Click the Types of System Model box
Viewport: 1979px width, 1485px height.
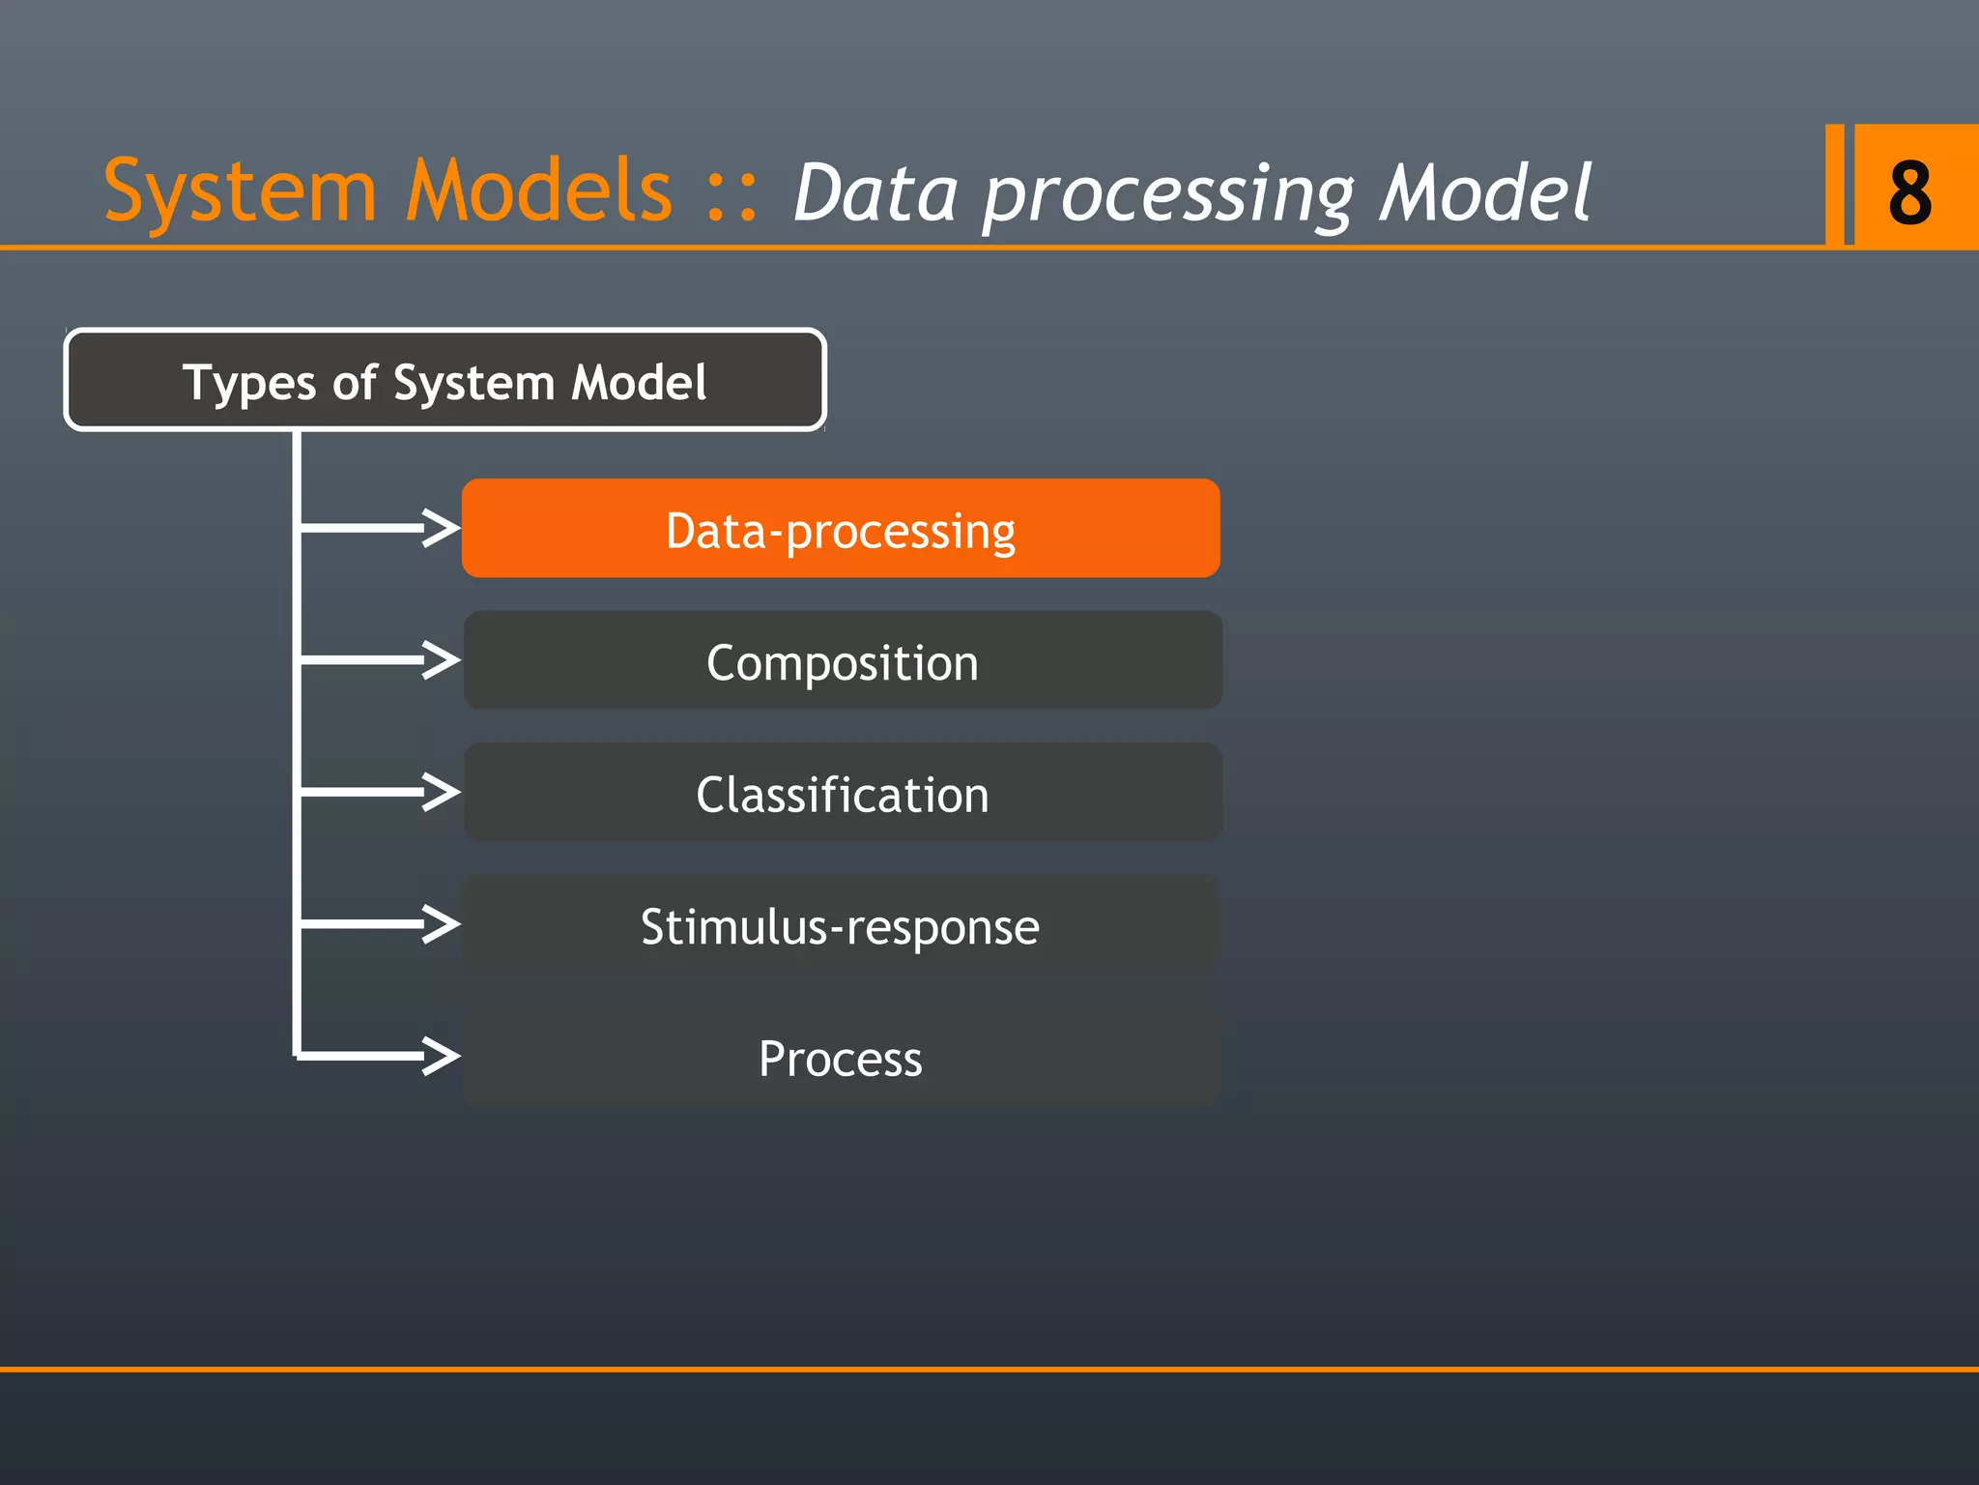(445, 380)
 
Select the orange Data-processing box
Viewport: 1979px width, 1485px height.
(841, 529)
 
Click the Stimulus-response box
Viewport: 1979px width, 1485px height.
(841, 925)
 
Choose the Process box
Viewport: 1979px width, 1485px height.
(841, 1057)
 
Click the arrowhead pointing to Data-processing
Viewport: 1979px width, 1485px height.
(442, 528)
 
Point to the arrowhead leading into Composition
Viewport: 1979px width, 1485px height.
(442, 660)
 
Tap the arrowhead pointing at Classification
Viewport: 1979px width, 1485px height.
(442, 792)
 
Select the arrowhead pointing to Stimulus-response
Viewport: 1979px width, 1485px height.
(442, 923)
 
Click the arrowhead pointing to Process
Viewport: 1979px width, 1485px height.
(442, 1056)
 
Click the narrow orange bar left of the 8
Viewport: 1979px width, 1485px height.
(1834, 185)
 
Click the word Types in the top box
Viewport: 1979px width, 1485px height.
(249, 383)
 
